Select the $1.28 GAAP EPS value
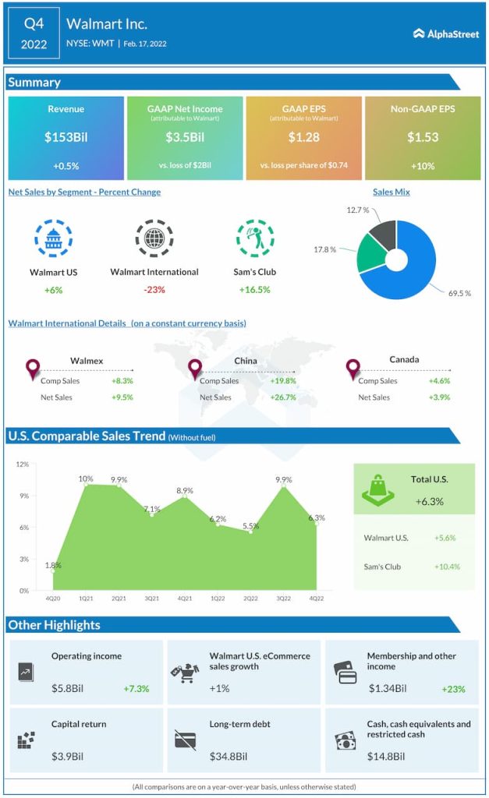303,137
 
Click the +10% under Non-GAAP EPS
422,166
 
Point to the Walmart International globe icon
154,238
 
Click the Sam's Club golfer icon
255,238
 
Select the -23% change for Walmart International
154,289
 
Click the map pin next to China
195,369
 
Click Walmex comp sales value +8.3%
122,381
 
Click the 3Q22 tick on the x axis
284,598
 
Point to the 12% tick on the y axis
22,464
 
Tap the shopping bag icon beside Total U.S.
377,489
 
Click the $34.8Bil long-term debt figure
229,756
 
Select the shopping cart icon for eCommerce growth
183,671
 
